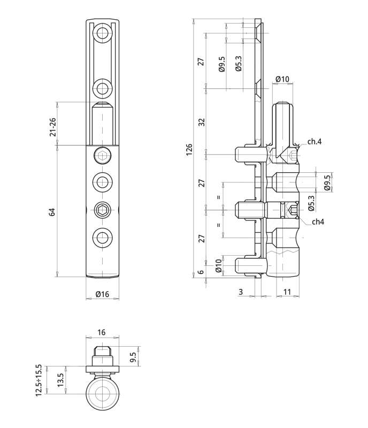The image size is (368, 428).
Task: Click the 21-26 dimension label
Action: point(53,124)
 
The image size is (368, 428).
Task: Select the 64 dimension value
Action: point(52,211)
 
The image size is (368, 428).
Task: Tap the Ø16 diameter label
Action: point(102,294)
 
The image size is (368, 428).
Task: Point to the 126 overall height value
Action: point(189,150)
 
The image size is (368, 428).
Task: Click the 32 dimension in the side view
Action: point(201,121)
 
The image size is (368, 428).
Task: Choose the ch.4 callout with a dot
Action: point(314,142)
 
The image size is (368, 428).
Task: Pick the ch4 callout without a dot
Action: point(316,221)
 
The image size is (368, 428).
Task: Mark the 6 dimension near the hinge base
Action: point(201,272)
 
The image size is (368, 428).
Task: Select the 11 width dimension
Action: point(287,292)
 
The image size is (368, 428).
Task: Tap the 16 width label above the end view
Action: point(102,332)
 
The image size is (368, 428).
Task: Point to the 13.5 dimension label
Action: point(60,380)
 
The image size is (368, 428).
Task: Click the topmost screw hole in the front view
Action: point(102,35)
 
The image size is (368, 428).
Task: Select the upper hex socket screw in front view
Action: point(102,156)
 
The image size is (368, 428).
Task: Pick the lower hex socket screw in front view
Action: point(102,210)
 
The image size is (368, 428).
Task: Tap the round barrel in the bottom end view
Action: point(102,395)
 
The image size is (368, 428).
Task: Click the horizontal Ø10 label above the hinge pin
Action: point(282,79)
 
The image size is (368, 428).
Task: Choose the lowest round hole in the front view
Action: point(102,236)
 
